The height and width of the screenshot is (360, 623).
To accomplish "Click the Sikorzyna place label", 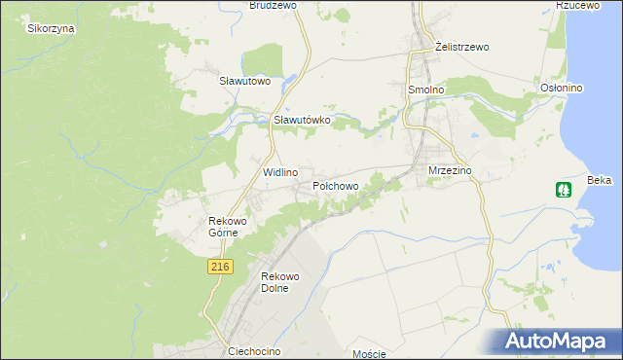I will pos(51,28).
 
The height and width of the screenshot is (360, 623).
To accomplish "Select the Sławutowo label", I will pos(244,81).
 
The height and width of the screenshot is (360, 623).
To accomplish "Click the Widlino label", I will pos(280,171).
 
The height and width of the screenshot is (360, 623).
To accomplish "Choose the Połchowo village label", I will pos(336,185).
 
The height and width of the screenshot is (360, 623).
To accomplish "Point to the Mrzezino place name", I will pos(450,170).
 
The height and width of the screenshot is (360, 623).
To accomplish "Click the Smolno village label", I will pos(424,89).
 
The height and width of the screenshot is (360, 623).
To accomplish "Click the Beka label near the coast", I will pos(600,181).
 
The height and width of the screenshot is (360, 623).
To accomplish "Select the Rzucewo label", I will pos(576,5).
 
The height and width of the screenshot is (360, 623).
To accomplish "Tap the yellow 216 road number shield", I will pos(219,267).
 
